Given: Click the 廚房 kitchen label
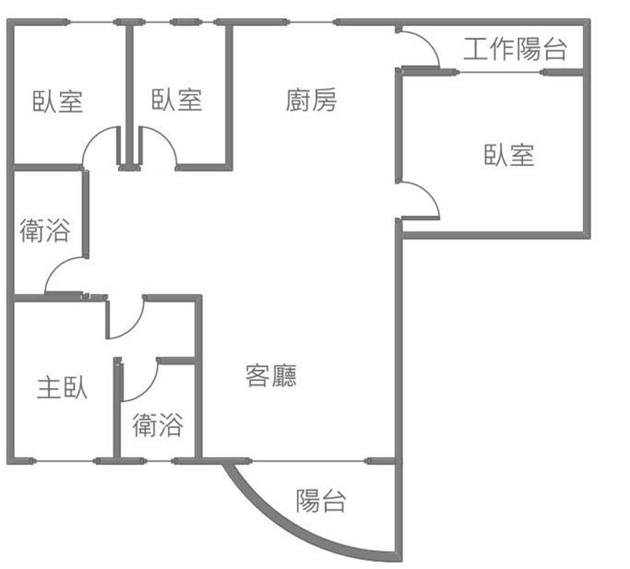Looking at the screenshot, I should pos(311,101).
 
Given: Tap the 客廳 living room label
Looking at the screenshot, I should pos(272,375).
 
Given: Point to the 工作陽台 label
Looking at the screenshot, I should pos(515,50).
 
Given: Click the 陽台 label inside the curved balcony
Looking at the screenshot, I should pos(321,501).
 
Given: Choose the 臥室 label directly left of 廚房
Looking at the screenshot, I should pos(177,100).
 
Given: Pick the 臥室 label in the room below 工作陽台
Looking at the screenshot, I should pos(509,155).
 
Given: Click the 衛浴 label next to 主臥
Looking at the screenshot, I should pos(157,426).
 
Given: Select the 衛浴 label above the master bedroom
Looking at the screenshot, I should pos(44,231).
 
